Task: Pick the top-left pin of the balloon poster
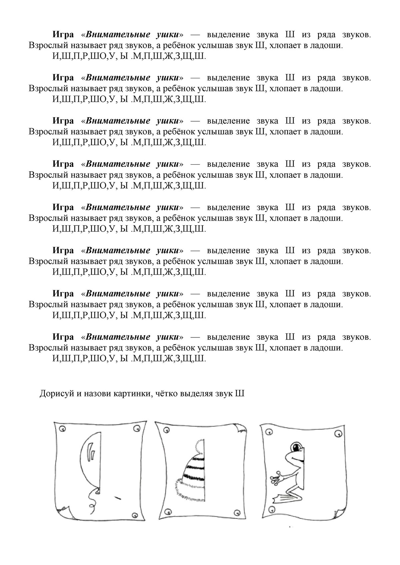62,428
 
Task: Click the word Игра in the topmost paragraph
63,35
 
